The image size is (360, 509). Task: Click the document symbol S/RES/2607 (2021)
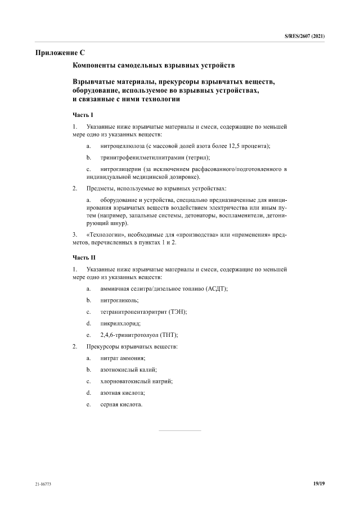[x=304, y=36]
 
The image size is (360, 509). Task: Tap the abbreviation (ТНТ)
[x=158, y=335]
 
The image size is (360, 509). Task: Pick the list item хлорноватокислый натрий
[x=136, y=381]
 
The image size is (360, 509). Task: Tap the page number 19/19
[x=319, y=483]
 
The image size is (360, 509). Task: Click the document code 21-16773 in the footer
[x=43, y=483]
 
